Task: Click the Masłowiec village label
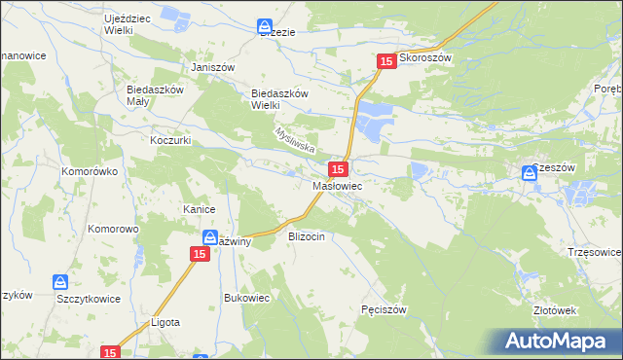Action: [338, 185]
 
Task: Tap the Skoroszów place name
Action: [427, 58]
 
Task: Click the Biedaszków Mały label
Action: [156, 94]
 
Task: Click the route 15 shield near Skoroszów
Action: [386, 61]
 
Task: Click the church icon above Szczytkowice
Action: [60, 282]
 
